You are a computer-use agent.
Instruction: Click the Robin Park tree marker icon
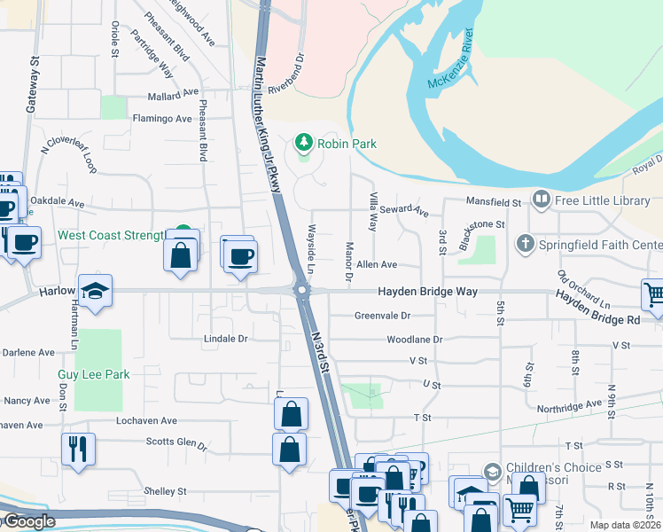(304, 143)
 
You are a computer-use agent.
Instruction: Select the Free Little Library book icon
(541, 199)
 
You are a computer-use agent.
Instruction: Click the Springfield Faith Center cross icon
(526, 243)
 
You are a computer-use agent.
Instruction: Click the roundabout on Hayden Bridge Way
(302, 289)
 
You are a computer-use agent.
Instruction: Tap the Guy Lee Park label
(94, 374)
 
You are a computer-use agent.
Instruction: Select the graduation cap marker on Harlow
(92, 291)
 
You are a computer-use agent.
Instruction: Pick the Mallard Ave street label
(174, 93)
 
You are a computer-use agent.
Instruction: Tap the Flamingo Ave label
(161, 118)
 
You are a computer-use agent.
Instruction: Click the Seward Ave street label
(406, 211)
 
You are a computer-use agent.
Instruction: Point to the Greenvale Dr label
(382, 315)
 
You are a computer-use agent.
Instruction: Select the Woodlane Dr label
(414, 339)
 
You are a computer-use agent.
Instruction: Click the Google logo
(28, 521)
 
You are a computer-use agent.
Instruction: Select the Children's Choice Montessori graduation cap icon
(492, 471)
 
